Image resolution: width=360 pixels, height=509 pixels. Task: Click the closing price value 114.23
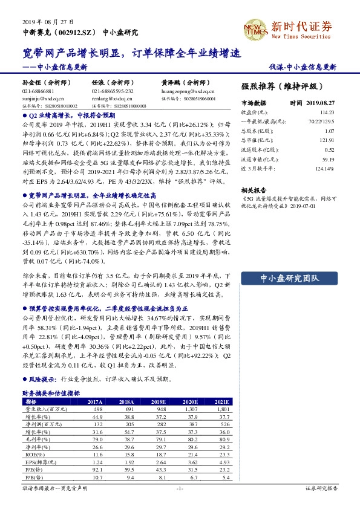(x=327, y=112)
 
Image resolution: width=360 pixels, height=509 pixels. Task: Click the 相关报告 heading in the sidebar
(x=254, y=189)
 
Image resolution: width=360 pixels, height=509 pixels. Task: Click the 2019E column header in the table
(x=159, y=401)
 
